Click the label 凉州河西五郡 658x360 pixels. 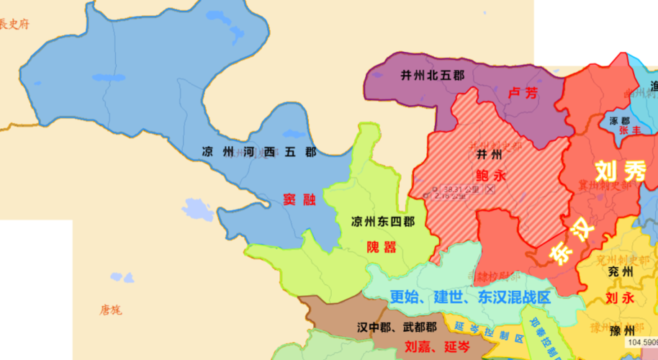tap(259, 152)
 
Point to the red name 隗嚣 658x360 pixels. tap(382, 247)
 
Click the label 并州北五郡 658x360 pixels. tap(432, 75)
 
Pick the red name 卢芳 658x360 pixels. tap(523, 93)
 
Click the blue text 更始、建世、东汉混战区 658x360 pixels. tap(469, 296)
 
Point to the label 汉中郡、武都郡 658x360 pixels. tap(396, 328)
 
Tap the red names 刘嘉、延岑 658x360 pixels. tap(438, 347)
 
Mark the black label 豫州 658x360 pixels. tap(621, 331)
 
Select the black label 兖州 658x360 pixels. tap(619, 272)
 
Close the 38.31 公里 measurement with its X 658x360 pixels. tap(490, 189)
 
